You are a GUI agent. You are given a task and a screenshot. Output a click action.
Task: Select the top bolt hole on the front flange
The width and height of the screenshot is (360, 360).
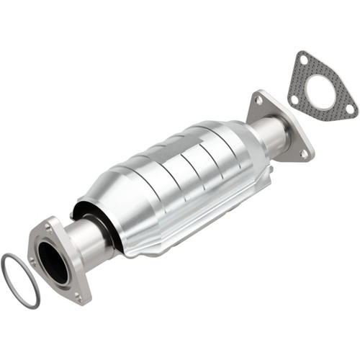click(x=48, y=226)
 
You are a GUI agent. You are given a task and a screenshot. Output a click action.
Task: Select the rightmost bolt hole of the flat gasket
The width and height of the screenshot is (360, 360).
click(x=349, y=109)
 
